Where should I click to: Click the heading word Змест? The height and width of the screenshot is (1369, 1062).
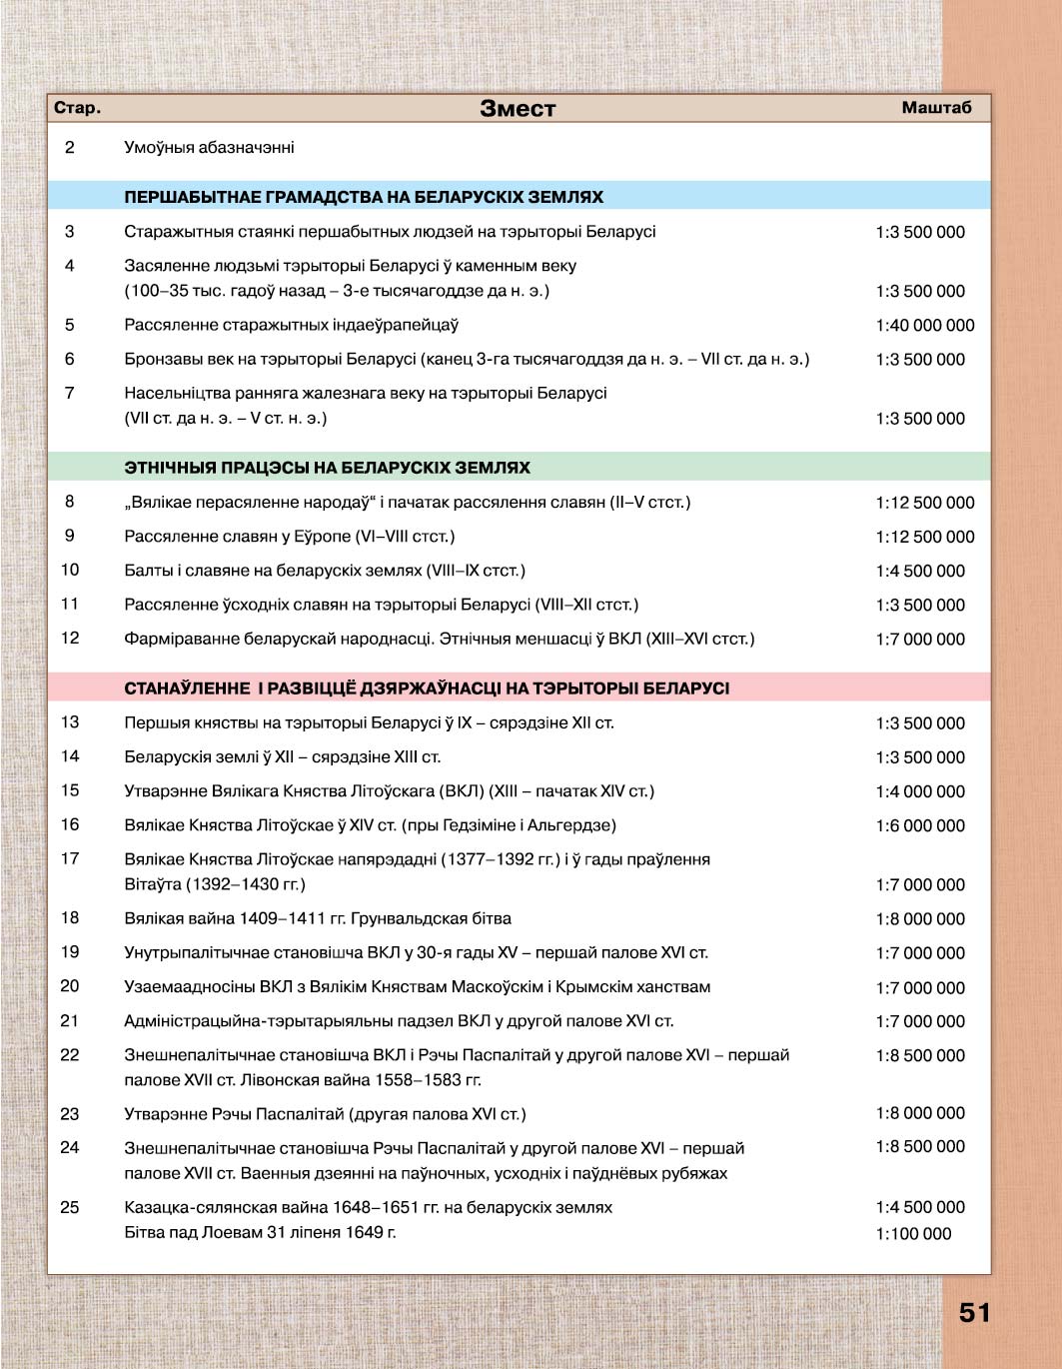518,109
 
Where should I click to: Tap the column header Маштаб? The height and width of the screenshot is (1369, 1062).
936,108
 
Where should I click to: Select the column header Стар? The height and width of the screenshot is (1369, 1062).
77,108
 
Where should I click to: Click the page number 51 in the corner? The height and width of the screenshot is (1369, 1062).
975,1313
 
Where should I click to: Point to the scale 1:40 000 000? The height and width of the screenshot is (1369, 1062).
924,326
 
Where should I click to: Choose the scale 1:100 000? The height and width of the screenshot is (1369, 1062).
913,1234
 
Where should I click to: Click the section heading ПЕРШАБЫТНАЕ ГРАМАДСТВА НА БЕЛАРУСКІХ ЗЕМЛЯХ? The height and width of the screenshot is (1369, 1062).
364,198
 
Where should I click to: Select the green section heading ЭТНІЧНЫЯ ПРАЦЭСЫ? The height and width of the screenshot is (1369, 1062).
327,468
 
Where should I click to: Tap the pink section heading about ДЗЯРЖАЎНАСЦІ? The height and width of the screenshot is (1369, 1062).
427,688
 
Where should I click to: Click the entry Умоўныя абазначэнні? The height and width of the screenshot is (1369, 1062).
209,148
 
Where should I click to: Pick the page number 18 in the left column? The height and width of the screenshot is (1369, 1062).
70,918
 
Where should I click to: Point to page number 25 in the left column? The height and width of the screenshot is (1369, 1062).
70,1207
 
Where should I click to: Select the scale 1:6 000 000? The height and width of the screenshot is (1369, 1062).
920,826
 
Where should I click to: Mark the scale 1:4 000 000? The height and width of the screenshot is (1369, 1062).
920,792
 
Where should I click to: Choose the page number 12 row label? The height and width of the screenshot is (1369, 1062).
70,639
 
